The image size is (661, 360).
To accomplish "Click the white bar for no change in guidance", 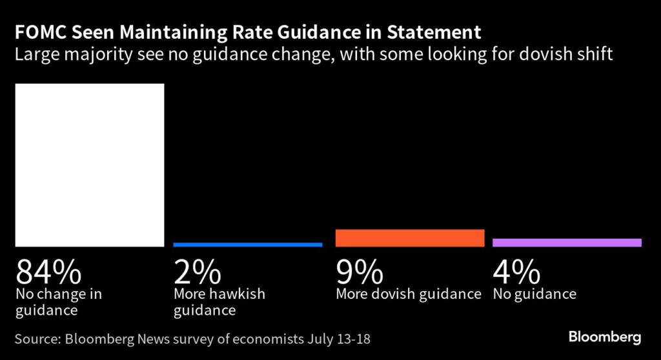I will [90, 165].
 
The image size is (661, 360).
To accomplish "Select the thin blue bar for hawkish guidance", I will [248, 245].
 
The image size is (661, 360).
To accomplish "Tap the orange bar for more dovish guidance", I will [410, 237].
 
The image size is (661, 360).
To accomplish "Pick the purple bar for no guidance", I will [567, 242].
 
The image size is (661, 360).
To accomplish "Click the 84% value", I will [48, 272].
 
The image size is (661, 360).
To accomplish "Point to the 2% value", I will [197, 272].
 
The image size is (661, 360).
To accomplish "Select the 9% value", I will [360, 272].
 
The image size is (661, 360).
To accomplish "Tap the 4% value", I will [516, 272].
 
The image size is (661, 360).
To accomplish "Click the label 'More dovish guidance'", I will [409, 294].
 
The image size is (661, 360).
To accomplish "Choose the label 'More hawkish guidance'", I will [219, 302].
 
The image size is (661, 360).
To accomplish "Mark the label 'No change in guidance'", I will [59, 302].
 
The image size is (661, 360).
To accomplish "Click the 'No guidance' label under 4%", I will [534, 294].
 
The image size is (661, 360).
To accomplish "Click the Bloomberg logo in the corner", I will [604, 337].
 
